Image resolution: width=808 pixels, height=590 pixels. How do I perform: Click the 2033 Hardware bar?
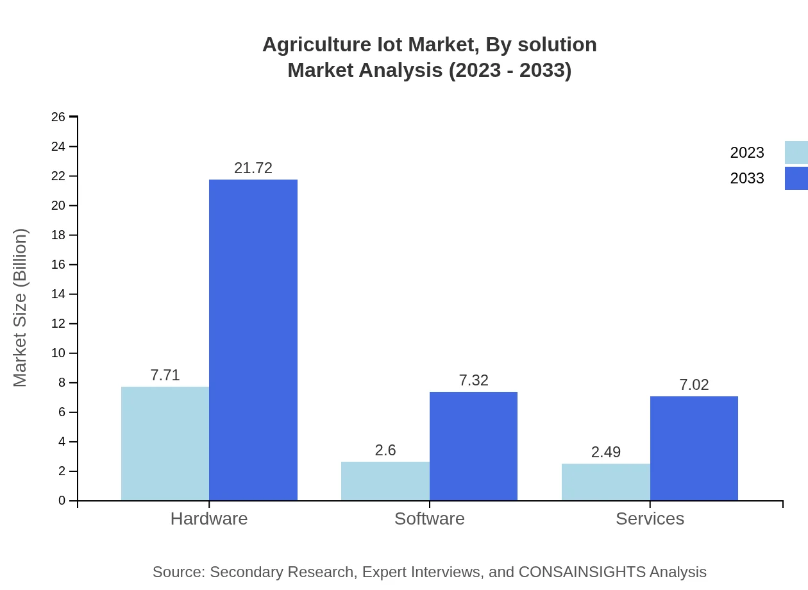253,340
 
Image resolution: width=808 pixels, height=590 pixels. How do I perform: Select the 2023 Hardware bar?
165,443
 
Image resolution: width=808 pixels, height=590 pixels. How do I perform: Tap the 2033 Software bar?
473,446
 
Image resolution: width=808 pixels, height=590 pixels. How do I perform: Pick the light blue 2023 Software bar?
385,481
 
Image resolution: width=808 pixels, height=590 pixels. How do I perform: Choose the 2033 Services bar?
694,448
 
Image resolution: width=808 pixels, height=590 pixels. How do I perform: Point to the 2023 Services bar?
606,482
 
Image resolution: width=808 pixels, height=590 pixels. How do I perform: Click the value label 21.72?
253,168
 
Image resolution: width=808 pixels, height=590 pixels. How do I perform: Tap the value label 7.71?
165,375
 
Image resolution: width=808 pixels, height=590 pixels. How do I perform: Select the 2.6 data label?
385,450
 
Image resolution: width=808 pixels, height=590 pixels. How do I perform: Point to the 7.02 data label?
694,385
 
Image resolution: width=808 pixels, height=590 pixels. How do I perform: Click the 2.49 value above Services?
606,452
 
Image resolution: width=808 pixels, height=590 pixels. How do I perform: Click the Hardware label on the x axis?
209,518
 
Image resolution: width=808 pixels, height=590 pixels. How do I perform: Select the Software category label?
430,518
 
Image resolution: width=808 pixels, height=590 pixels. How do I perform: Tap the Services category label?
650,518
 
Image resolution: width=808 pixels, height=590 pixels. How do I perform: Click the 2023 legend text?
747,153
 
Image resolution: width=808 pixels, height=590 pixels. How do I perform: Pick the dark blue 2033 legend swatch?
796,178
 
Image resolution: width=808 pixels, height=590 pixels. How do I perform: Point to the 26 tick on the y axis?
58,117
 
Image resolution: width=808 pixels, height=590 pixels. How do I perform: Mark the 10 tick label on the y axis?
58,353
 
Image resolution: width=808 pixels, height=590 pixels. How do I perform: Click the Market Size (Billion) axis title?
20,308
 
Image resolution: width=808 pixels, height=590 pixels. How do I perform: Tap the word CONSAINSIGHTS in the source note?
581,572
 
